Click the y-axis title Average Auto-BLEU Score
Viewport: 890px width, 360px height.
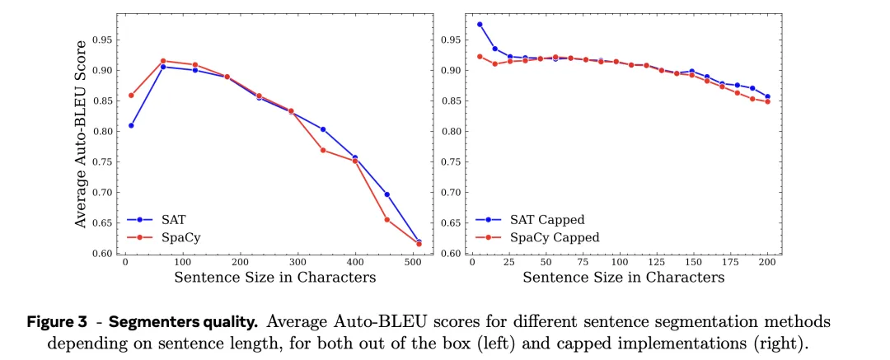(81, 134)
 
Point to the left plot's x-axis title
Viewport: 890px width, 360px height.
(275, 277)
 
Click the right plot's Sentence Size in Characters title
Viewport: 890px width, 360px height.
(624, 277)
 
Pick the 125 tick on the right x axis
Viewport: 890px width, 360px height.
(657, 262)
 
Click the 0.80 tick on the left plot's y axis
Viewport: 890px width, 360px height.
(101, 132)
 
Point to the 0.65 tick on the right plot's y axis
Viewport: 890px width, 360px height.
(450, 223)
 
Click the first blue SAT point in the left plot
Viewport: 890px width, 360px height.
(131, 125)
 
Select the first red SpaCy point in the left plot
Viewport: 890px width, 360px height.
(131, 96)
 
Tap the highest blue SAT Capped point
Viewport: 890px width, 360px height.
(480, 25)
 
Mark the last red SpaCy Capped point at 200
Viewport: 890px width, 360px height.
(768, 101)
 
